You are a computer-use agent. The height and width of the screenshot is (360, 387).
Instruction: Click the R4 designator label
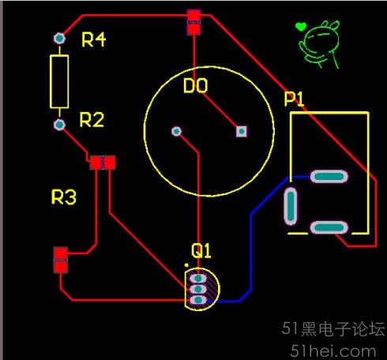(93, 39)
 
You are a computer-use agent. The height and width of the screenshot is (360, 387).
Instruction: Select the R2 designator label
(92, 120)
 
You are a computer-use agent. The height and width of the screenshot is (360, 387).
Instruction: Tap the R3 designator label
(64, 197)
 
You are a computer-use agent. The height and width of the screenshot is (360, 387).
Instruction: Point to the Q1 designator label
(201, 250)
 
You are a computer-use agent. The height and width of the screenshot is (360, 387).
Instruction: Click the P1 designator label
(294, 99)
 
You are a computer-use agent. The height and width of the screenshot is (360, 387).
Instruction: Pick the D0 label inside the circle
(195, 85)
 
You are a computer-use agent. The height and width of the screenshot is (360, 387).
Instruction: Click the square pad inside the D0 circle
(242, 131)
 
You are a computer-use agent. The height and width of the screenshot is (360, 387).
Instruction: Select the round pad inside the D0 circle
(176, 131)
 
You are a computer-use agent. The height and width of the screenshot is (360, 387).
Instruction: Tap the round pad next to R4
(59, 39)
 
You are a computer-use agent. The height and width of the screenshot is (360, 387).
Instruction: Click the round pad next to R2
(59, 125)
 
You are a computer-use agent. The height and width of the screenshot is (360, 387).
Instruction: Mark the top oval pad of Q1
(198, 278)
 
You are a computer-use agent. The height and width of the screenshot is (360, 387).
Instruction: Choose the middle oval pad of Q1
(198, 289)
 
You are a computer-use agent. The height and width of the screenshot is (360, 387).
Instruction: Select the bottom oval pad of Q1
(198, 300)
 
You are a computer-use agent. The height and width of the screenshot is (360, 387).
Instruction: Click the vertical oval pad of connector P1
(291, 206)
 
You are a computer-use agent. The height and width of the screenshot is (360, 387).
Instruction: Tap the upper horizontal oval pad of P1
(329, 177)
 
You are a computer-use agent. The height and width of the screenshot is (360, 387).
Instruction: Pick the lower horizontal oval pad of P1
(329, 227)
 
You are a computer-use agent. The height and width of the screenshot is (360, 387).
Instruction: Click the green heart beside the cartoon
(300, 26)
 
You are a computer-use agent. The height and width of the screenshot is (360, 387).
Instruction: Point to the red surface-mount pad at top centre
(194, 22)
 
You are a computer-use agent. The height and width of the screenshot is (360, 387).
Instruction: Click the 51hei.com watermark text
(333, 351)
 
